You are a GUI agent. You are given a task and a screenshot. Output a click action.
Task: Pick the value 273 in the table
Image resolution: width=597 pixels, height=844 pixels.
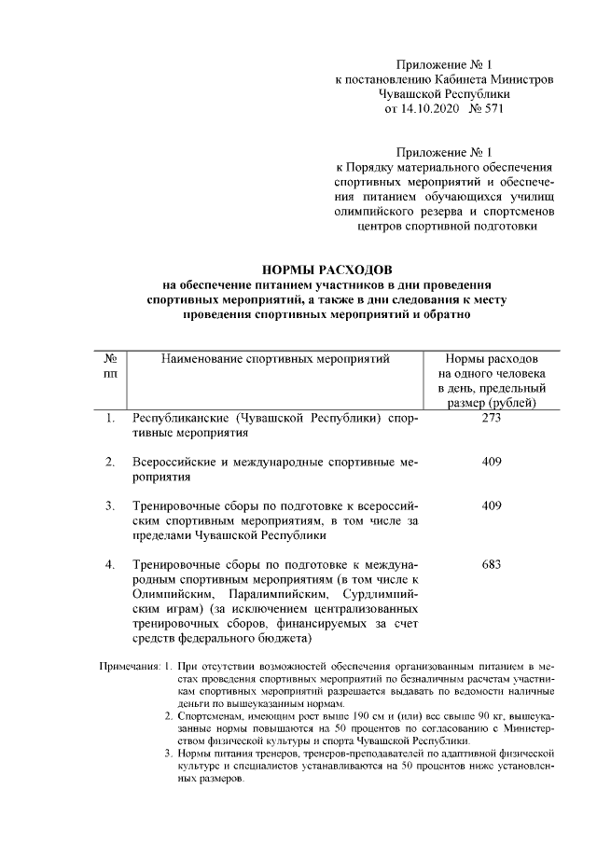coord(492,419)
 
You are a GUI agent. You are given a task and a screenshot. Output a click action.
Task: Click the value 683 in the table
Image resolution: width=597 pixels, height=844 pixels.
coord(492,565)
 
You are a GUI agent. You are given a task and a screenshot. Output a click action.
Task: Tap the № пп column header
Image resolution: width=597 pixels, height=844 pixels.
coord(110,366)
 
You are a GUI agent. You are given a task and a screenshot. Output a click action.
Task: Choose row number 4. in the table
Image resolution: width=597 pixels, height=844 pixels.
coord(110,565)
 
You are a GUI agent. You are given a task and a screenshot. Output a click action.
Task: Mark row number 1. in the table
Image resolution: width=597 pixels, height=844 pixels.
coord(110,419)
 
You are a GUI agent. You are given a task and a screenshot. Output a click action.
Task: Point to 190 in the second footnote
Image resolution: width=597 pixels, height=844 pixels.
coord(334,715)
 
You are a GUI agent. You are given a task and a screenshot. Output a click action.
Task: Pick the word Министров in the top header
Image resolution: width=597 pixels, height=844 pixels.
coord(520,80)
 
